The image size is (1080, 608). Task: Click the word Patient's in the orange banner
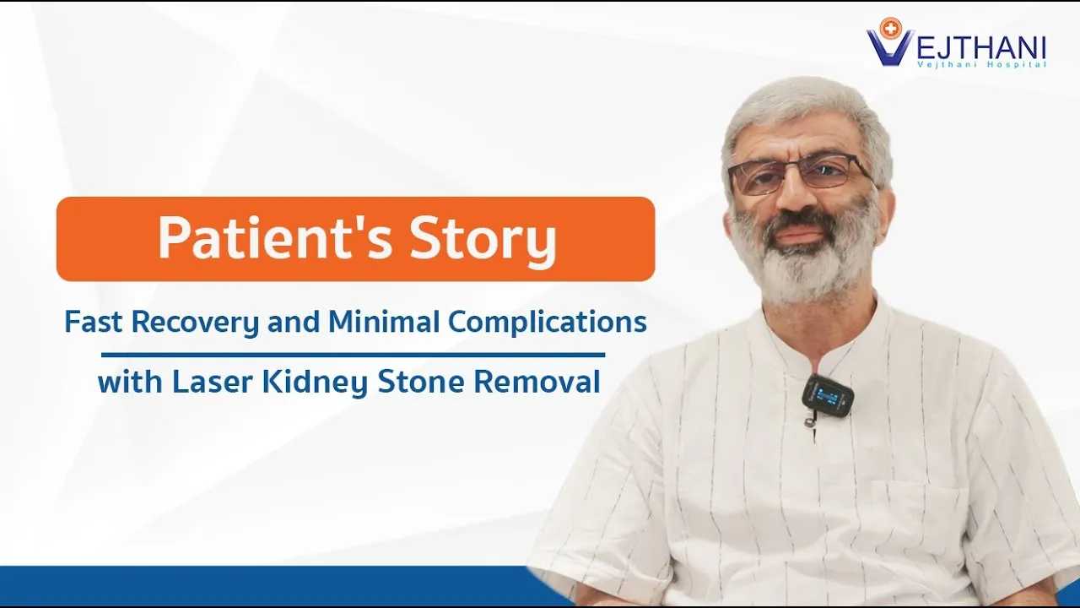(275, 238)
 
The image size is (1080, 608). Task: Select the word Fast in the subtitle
(93, 322)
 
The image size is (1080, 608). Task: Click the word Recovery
(195, 323)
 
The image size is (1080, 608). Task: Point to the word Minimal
(384, 322)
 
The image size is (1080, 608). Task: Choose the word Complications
(548, 323)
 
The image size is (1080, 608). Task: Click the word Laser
(212, 381)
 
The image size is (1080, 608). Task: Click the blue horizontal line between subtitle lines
(353, 356)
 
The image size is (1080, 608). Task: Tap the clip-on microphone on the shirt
(828, 396)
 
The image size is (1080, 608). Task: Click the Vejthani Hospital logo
(956, 43)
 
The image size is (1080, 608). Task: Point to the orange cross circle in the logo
(890, 29)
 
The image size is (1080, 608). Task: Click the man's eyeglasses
(801, 174)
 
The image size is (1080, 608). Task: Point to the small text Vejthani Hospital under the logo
(982, 65)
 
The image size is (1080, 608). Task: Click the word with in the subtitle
(130, 381)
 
